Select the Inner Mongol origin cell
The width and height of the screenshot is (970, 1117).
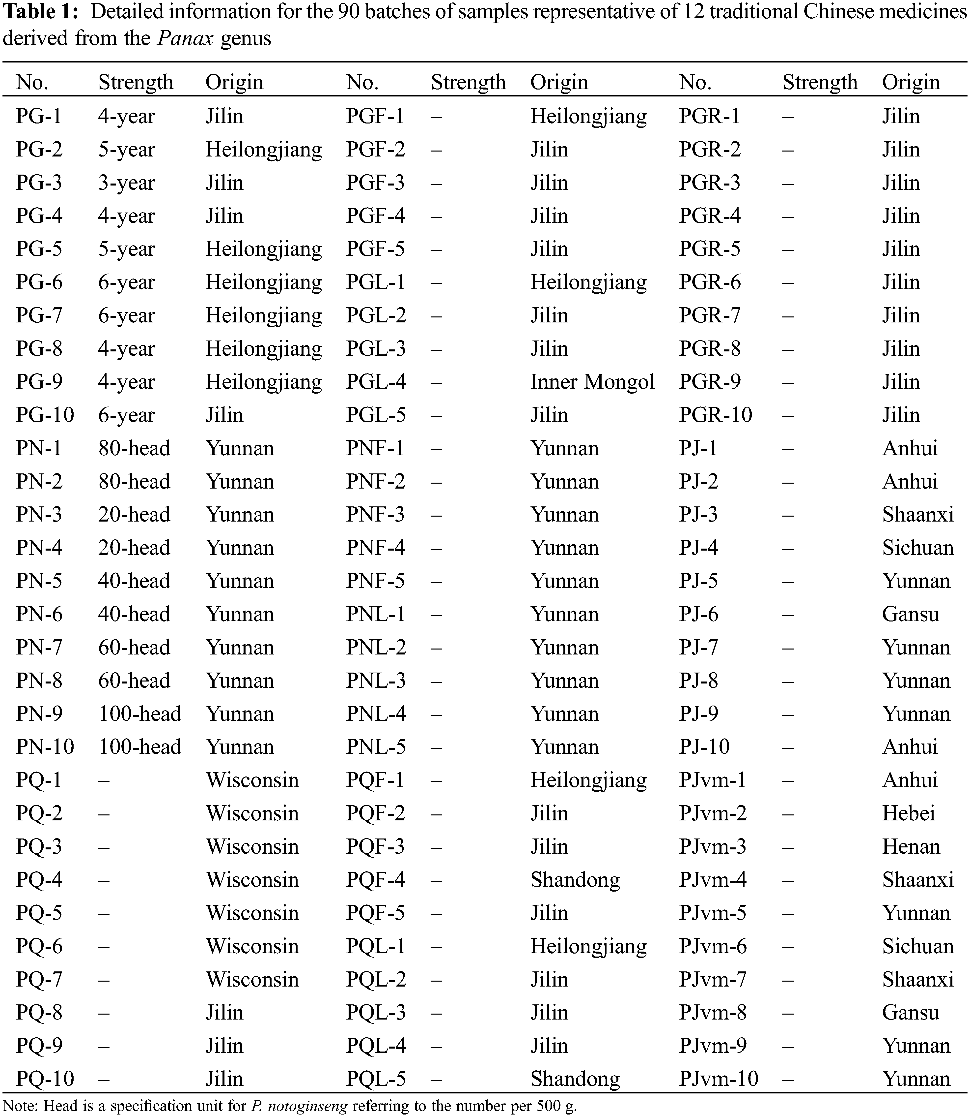point(592,382)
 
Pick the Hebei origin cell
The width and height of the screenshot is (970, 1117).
point(908,813)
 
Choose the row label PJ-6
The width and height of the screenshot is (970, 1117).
point(698,614)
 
